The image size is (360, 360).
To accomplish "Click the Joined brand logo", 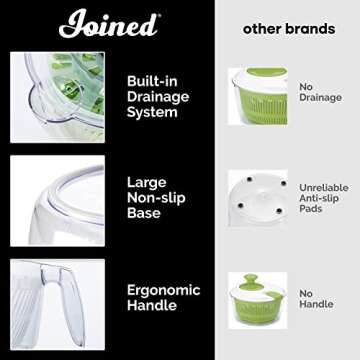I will (x=109, y=24).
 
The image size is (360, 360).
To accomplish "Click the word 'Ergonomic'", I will (x=165, y=288).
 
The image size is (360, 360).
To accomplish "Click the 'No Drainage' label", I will (x=320, y=92).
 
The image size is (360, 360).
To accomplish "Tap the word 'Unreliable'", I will (x=323, y=187).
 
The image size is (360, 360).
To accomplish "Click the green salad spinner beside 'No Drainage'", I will (x=258, y=94).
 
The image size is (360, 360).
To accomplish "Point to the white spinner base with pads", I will (x=257, y=195).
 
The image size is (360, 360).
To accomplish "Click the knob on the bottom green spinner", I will (x=256, y=280).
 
